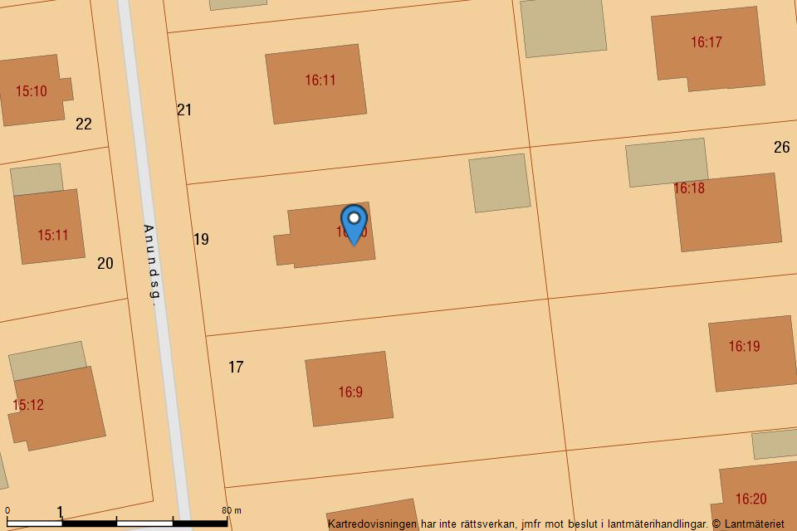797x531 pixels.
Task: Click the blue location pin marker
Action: [354, 223]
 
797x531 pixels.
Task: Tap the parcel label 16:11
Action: [320, 80]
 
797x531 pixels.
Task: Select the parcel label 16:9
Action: [350, 392]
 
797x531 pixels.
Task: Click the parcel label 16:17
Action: [707, 42]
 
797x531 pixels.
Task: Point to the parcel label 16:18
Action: [688, 188]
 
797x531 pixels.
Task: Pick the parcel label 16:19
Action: [744, 347]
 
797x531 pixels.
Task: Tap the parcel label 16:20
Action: [751, 499]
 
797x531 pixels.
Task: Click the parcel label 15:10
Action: [32, 91]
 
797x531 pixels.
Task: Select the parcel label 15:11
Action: [52, 236]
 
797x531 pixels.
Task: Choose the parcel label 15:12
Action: [28, 405]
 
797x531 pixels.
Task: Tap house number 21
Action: [184, 110]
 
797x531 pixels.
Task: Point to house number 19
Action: [201, 240]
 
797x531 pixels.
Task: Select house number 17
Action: [236, 367]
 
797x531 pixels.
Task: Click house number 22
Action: [84, 124]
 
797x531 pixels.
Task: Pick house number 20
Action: [105, 264]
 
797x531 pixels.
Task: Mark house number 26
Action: [781, 148]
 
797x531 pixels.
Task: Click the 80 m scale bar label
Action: [232, 510]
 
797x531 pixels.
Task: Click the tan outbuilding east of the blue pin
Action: [500, 183]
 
